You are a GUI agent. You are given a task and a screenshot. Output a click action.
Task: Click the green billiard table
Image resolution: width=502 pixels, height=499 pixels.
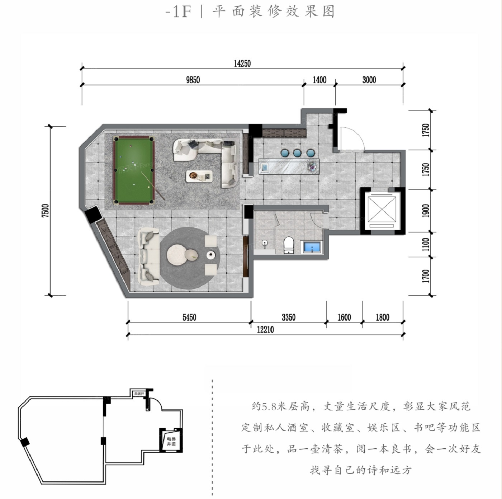pyautogui.click(x=134, y=170)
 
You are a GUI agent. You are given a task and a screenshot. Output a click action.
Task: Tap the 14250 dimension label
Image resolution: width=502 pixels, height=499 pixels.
pyautogui.click(x=242, y=63)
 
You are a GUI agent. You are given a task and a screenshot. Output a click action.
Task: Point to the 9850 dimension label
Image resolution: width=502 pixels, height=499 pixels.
pyautogui.click(x=193, y=80)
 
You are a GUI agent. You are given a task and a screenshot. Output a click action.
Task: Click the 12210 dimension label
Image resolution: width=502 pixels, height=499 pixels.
pyautogui.click(x=265, y=330)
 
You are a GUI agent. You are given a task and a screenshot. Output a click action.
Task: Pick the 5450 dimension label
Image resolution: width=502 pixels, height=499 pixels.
pyautogui.click(x=189, y=317)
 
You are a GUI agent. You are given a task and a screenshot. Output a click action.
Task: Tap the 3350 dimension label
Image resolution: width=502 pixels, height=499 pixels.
pyautogui.click(x=288, y=317)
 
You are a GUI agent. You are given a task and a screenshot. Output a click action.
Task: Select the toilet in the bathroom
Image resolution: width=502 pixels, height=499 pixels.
pyautogui.click(x=288, y=245)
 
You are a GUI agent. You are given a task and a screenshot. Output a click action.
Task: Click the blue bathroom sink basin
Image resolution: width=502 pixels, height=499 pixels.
pyautogui.click(x=312, y=247)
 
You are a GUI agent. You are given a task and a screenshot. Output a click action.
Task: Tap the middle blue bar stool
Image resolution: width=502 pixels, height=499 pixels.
pyautogui.click(x=297, y=153)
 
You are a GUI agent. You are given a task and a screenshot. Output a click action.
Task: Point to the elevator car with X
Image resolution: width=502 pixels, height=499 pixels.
pyautogui.click(x=382, y=208)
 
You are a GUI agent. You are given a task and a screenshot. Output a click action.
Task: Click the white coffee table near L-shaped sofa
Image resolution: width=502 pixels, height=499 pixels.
pyautogui.click(x=199, y=176)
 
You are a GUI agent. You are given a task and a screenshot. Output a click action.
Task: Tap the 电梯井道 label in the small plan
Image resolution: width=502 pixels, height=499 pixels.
pyautogui.click(x=171, y=441)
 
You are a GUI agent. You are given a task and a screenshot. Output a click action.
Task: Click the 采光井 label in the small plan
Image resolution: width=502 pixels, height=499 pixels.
pyautogui.click(x=139, y=394)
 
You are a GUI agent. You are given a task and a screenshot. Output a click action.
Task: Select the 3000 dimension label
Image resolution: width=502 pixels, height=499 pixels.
pyautogui.click(x=369, y=80)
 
